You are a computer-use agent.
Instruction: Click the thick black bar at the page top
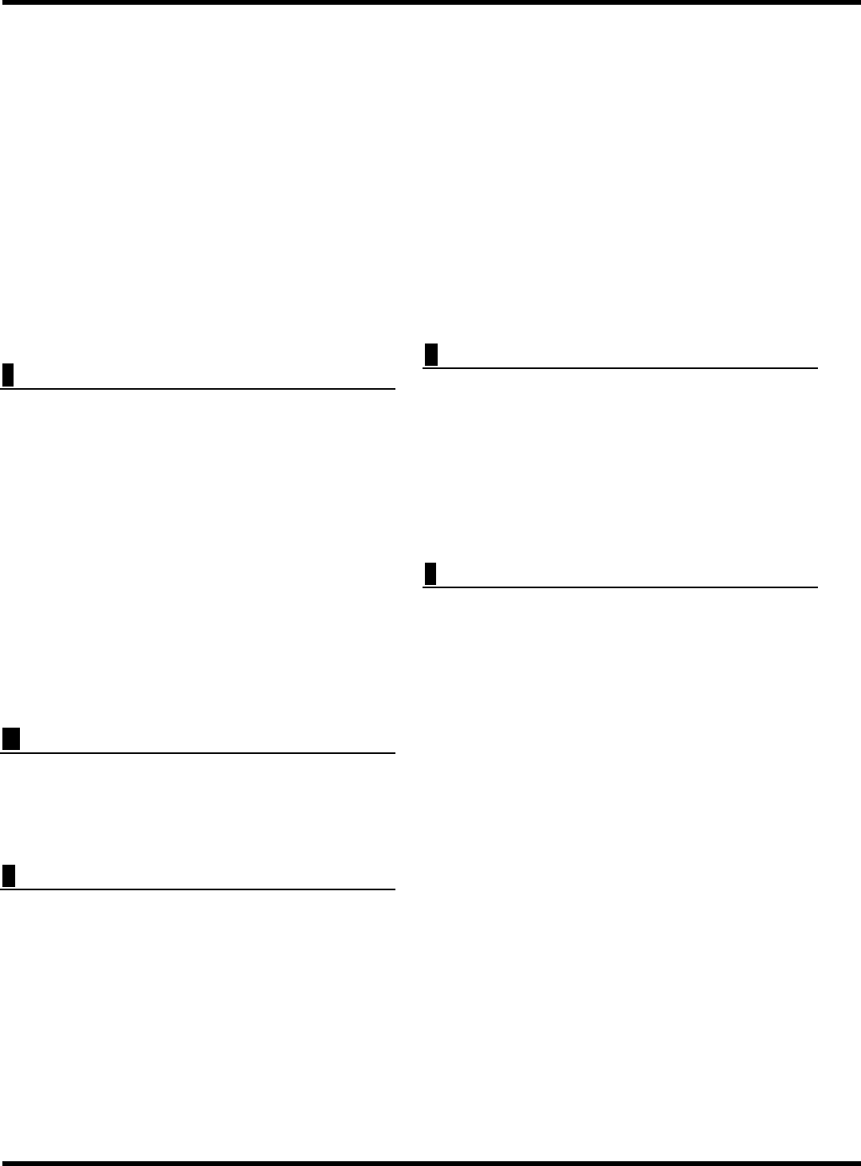click(x=431, y=2)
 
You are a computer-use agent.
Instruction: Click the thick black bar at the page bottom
click(x=431, y=1163)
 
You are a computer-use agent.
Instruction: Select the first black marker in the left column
click(x=8, y=375)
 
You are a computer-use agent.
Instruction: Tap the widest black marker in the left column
click(x=11, y=739)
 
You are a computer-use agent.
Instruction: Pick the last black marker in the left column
click(x=9, y=876)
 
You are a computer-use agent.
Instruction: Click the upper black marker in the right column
click(x=431, y=355)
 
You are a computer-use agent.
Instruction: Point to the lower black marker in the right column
click(x=431, y=574)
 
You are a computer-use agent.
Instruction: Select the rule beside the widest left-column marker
click(x=207, y=752)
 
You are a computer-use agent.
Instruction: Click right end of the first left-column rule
click(x=395, y=389)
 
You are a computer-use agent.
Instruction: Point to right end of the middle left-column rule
click(x=395, y=752)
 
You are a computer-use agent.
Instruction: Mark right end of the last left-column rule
click(x=395, y=889)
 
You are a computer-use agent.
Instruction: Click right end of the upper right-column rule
click(x=817, y=367)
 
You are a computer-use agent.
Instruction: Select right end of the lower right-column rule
click(x=817, y=587)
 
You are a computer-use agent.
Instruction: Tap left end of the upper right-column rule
click(x=423, y=367)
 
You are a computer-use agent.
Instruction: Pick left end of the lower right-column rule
click(x=423, y=587)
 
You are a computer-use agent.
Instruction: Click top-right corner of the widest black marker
click(x=20, y=728)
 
